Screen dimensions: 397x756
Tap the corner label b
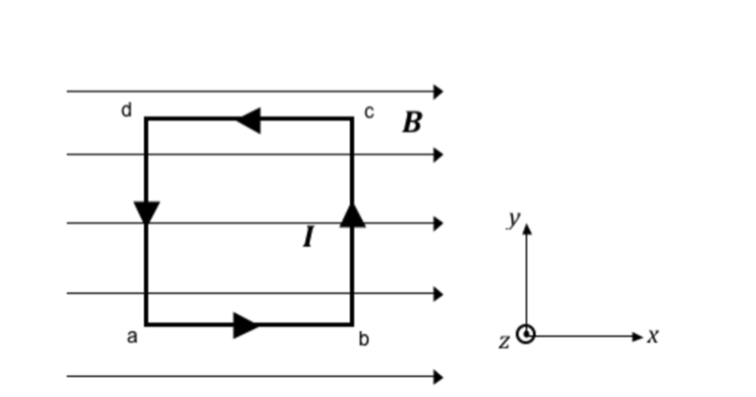(x=363, y=339)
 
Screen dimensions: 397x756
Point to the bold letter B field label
(x=412, y=123)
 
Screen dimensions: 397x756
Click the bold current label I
(x=308, y=236)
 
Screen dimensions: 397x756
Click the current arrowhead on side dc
(x=249, y=120)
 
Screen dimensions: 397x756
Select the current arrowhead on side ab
(x=247, y=325)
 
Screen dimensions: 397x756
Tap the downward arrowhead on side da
(x=146, y=212)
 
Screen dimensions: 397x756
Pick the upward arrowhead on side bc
(x=353, y=214)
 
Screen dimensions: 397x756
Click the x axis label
(x=654, y=335)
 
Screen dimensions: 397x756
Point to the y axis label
(x=514, y=219)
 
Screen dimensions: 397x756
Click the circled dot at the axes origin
(x=525, y=335)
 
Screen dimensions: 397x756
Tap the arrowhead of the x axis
(x=640, y=336)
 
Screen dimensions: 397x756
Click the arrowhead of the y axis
(x=526, y=228)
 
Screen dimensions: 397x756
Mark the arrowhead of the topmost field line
(x=439, y=92)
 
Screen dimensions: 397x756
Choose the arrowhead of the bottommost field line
(x=439, y=376)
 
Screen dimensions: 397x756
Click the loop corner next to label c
(x=352, y=119)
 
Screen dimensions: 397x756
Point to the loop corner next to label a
(x=146, y=324)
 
